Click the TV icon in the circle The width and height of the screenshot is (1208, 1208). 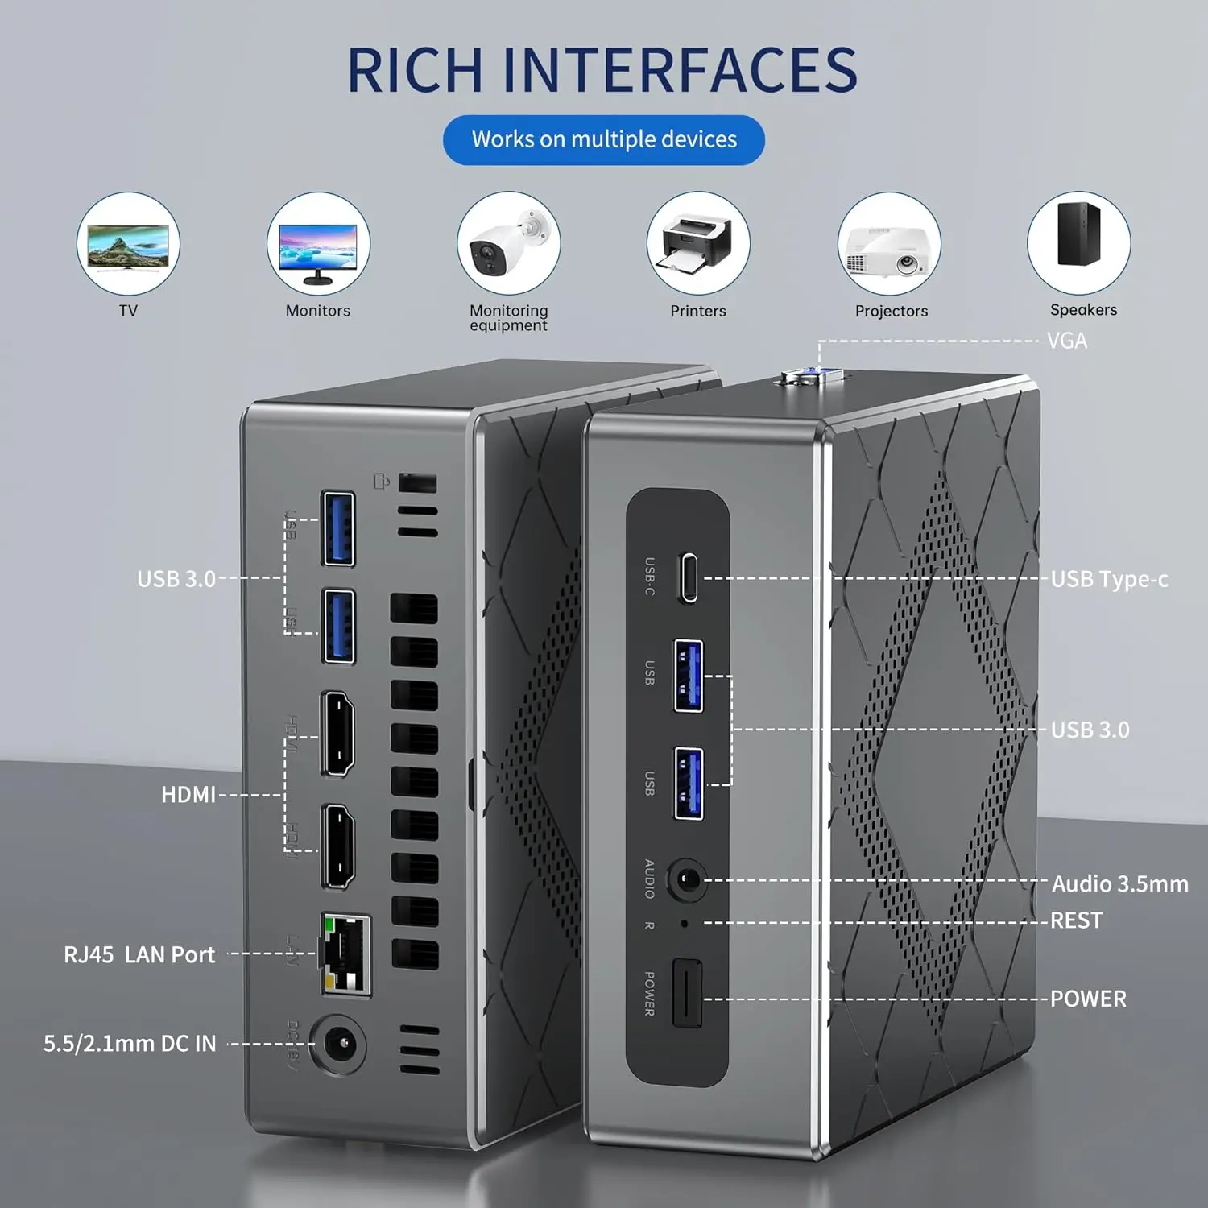click(128, 244)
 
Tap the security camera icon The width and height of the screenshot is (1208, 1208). click(508, 244)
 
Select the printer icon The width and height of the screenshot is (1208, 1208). click(698, 244)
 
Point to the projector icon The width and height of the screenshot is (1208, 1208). click(888, 244)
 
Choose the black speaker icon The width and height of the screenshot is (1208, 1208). click(1078, 234)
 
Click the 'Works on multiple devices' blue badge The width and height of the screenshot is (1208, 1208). click(604, 139)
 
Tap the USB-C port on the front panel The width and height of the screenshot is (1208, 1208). click(688, 577)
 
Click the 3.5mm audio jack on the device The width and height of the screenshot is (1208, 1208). click(687, 879)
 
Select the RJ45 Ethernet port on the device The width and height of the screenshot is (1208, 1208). click(346, 954)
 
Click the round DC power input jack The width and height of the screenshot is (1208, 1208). click(340, 1045)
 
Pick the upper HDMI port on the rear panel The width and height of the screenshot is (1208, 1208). click(338, 733)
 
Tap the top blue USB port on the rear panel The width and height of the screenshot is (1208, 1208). click(338, 528)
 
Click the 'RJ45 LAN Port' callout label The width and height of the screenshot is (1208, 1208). click(139, 954)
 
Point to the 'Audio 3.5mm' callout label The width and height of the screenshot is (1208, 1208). click(1119, 883)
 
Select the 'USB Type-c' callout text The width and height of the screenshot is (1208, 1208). click(1109, 579)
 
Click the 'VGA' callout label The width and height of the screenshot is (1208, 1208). click(1067, 341)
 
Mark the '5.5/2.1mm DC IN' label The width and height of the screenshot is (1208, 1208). click(130, 1044)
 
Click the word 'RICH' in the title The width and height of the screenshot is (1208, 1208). click(415, 70)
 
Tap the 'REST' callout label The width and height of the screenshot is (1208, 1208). click(1076, 920)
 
